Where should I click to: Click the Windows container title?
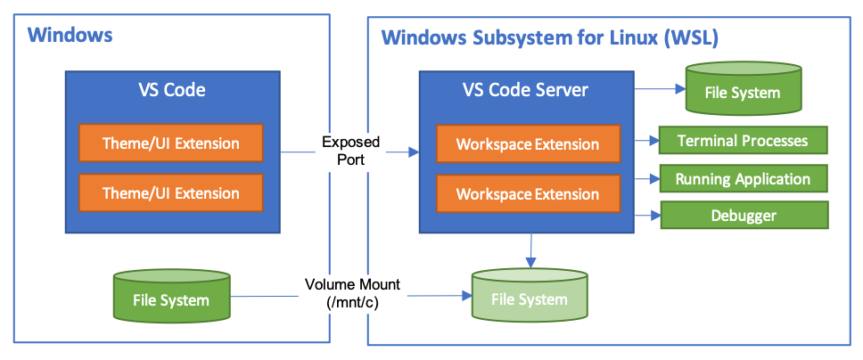[x=70, y=36]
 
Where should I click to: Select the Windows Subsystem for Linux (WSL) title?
[x=550, y=38]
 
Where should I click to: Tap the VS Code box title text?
[x=171, y=90]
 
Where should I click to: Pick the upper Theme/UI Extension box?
[x=171, y=143]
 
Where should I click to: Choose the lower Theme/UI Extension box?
[x=171, y=192]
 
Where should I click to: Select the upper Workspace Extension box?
[x=528, y=143]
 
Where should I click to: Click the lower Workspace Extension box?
[x=528, y=193]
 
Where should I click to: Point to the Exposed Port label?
[x=350, y=150]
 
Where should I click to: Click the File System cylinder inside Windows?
[x=171, y=298]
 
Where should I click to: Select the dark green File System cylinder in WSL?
[x=742, y=90]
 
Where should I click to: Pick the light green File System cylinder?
[x=530, y=297]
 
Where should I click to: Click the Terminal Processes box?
[x=743, y=141]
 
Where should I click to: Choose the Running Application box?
[x=743, y=179]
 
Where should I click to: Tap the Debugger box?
[x=743, y=216]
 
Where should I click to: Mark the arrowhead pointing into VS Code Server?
[x=414, y=153]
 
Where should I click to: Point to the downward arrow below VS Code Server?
[x=530, y=250]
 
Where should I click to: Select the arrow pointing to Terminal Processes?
[x=646, y=141]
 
